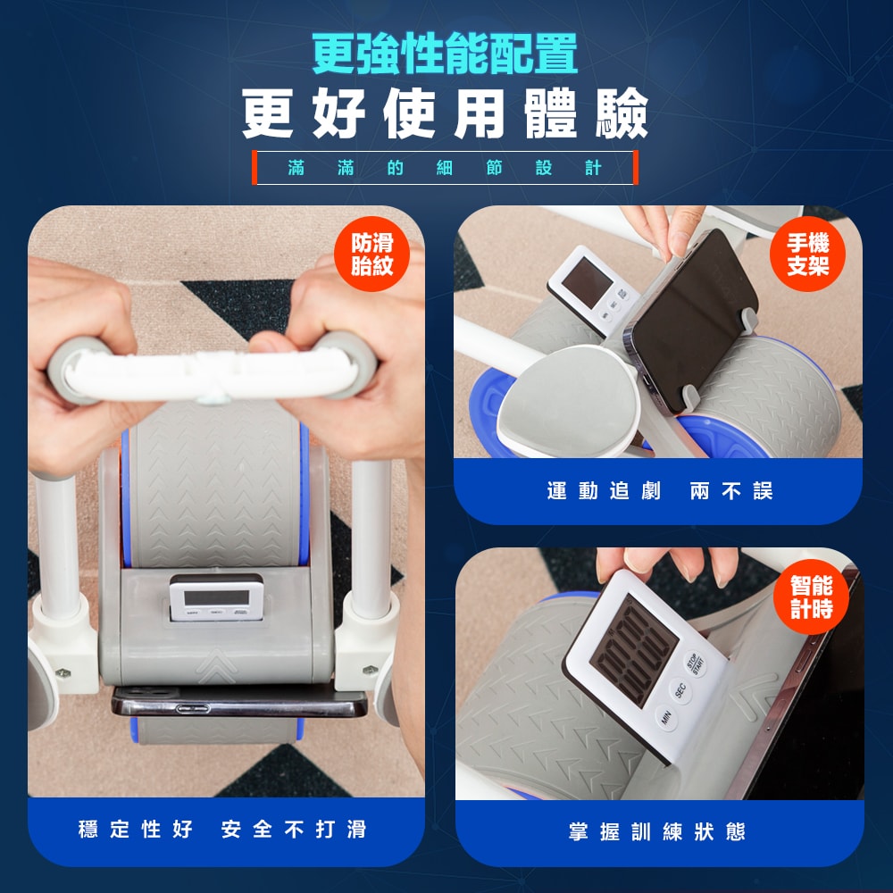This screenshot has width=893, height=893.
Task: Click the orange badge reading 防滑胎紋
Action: point(371,254)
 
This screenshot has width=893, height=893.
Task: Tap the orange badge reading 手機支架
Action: point(807,254)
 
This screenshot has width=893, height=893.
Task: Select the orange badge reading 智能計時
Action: point(811,597)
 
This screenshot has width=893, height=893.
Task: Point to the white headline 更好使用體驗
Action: point(445,114)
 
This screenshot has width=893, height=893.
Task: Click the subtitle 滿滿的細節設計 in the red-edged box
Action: point(445,168)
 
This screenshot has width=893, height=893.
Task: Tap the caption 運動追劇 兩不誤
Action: point(659,491)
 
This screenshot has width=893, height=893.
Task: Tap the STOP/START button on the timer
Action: point(694,663)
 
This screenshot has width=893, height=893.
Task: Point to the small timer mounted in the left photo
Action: point(216,597)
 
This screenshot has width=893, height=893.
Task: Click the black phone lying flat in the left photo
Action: point(239,701)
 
